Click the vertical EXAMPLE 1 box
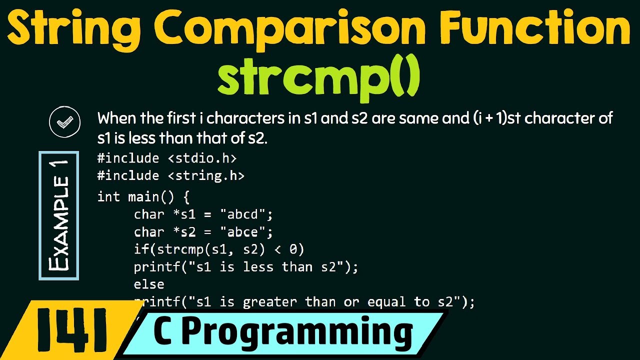59,215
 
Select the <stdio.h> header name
201,158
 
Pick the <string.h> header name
205,175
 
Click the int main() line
143,196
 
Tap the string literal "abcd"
246,214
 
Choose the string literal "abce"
246,232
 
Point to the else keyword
149,284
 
